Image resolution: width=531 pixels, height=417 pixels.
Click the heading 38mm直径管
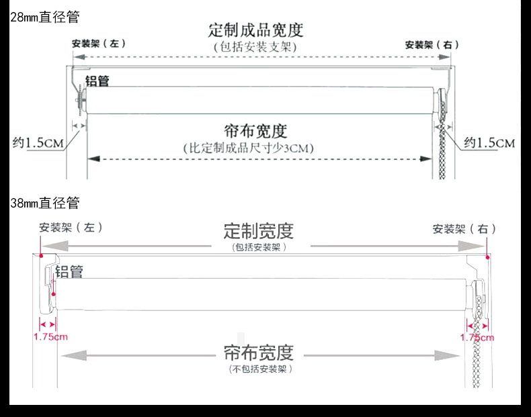point(44,202)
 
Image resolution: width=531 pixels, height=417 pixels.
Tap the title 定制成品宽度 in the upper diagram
point(255,30)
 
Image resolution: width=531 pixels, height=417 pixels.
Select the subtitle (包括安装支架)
point(255,46)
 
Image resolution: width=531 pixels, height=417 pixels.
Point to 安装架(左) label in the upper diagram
point(99,44)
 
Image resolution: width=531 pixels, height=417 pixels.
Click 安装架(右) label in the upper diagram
point(432,45)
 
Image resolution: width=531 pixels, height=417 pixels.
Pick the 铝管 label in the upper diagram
point(97,81)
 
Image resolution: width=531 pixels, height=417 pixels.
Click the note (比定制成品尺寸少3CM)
point(249,148)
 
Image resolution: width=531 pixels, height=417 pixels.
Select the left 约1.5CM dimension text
point(39,142)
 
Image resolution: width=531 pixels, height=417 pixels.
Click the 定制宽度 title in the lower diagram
point(259,231)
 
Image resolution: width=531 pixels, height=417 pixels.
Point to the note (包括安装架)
point(259,247)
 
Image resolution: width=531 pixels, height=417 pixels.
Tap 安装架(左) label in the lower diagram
point(70,228)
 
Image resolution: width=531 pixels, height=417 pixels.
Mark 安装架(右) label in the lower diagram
point(464,228)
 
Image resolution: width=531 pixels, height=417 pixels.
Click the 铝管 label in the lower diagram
point(69,272)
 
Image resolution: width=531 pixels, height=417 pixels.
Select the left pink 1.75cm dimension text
point(50,336)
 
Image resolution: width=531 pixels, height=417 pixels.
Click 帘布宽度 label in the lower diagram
point(259,353)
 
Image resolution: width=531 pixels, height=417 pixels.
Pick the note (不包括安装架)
point(259,369)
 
